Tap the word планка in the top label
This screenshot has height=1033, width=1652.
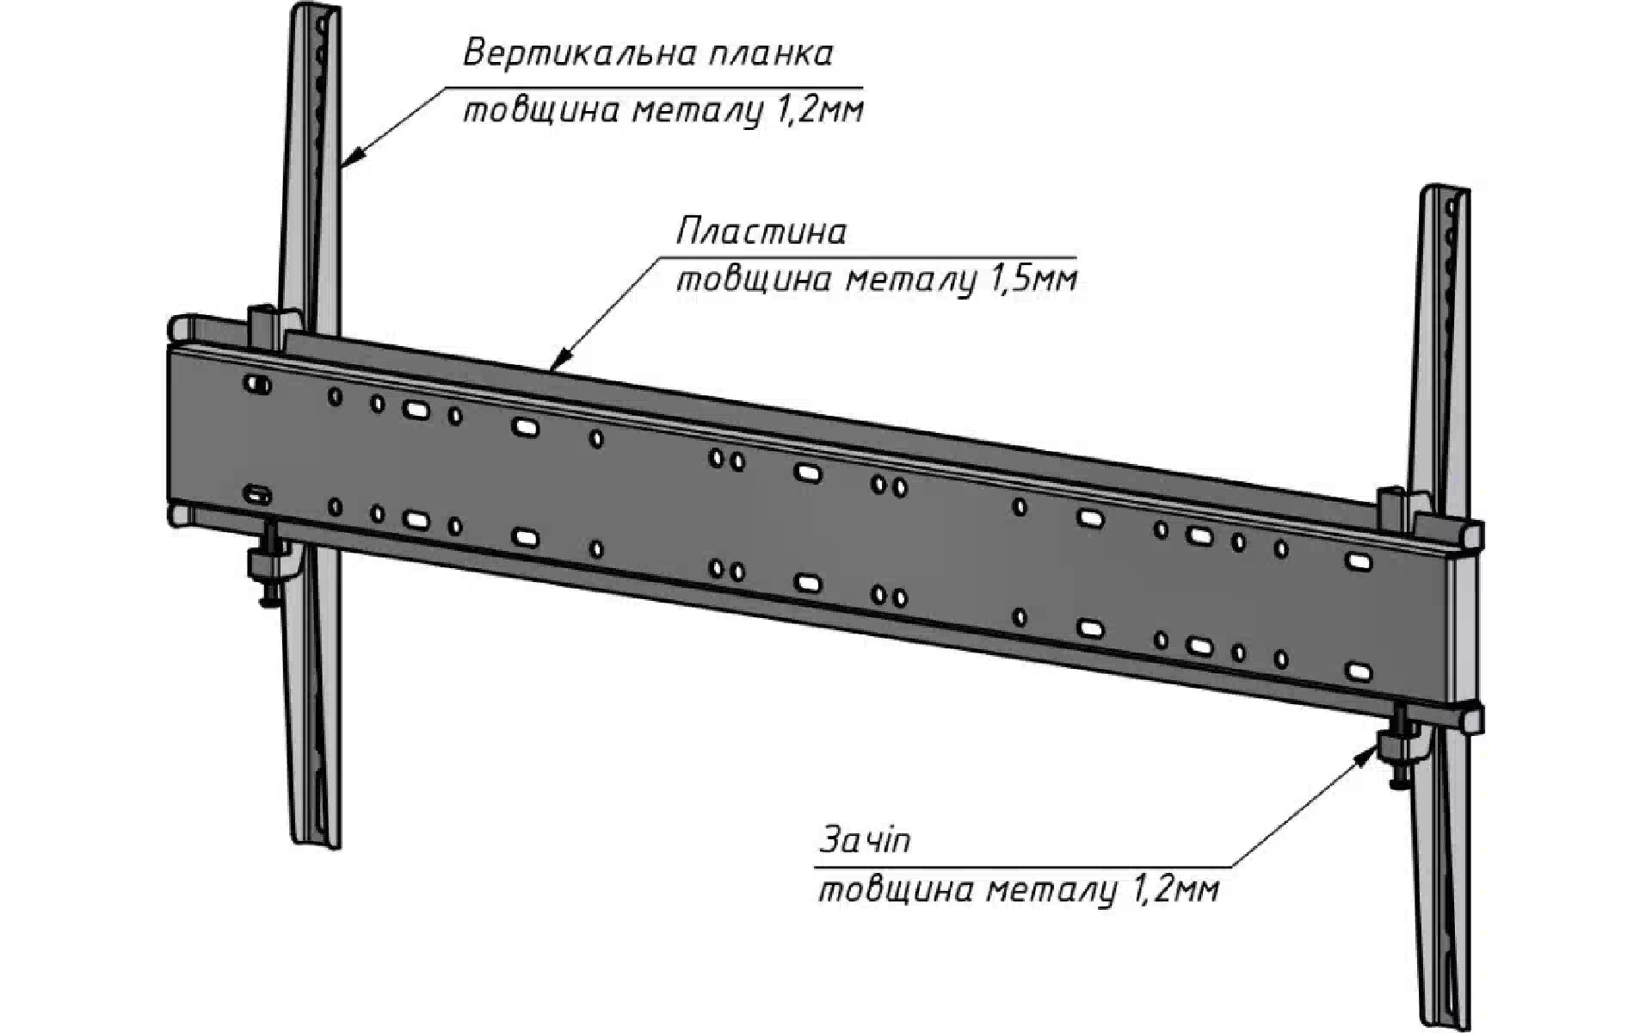click(771, 53)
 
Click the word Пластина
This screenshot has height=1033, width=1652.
click(761, 232)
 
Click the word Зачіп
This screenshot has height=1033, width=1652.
click(864, 840)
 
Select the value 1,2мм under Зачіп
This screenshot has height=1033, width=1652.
click(1176, 889)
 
